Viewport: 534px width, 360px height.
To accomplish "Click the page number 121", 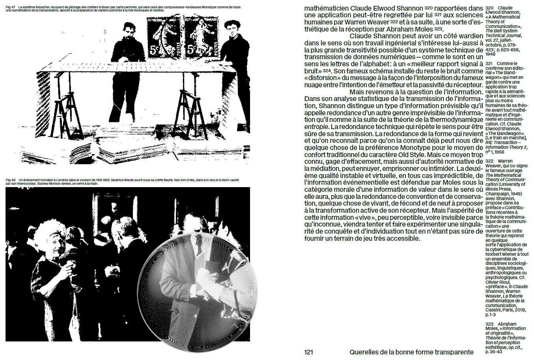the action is point(308,352).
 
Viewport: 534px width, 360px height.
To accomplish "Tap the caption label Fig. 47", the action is point(11,7).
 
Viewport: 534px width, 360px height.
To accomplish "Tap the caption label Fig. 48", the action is point(11,180).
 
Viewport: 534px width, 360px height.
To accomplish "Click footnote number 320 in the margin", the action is point(489,8).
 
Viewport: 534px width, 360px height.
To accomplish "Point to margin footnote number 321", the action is point(489,64).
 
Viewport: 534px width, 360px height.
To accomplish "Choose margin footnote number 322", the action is point(489,161).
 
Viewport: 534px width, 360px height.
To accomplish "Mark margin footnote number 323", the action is point(489,324).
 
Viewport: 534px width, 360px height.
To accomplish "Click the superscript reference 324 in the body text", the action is point(327,71).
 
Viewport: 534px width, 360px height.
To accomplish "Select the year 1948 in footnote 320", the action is point(490,54).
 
